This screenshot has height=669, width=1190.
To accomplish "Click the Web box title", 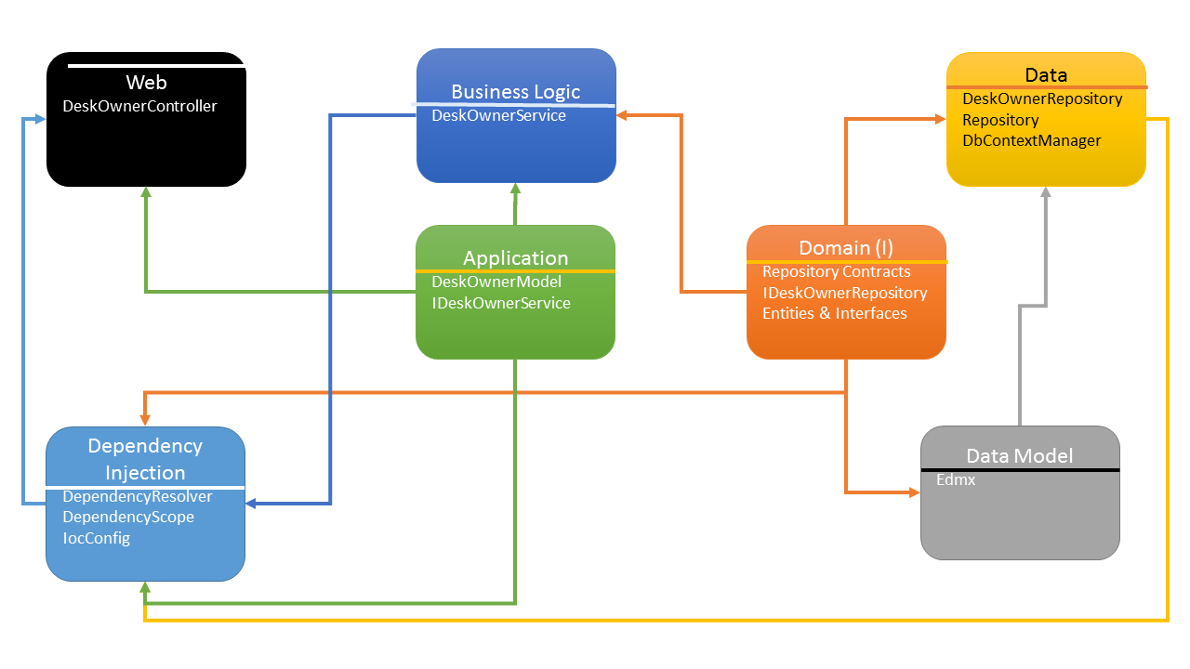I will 146,84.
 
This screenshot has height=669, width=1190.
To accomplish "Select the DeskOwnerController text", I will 139,106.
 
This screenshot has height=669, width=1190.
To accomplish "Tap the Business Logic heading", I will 515,91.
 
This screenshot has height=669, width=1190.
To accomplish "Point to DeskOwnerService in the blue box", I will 498,115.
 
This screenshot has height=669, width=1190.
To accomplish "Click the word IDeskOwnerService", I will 501,303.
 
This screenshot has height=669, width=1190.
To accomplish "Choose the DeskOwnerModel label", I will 496,282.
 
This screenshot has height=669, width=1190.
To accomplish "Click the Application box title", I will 515,258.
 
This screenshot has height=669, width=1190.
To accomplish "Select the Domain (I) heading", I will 846,248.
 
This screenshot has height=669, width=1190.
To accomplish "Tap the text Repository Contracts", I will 837,271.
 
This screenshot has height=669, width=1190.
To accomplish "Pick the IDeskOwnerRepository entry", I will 844,293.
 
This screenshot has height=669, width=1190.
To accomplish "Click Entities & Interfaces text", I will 834,313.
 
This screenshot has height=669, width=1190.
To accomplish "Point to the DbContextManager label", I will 1031,140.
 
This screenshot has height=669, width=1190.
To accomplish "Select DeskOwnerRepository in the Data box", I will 1042,98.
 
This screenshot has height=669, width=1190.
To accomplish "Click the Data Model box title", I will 1019,455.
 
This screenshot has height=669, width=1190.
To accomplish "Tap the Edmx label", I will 956,480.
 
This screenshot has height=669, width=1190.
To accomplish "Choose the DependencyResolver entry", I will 138,496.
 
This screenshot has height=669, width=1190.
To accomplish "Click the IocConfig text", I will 96,538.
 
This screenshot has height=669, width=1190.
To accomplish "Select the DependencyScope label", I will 128,517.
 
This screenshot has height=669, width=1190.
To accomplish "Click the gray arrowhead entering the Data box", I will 1046,192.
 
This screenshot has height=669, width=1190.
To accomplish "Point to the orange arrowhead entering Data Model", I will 913,492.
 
